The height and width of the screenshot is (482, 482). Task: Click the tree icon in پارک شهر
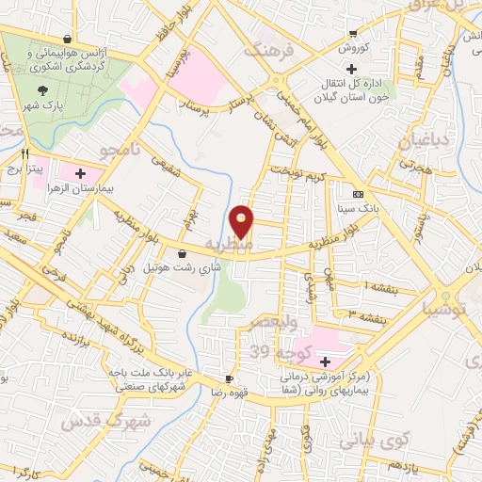(x=42, y=90)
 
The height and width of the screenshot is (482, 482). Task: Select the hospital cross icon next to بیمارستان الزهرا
(x=80, y=174)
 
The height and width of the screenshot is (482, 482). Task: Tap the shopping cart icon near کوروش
(x=352, y=31)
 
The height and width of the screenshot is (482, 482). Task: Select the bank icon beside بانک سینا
(x=357, y=186)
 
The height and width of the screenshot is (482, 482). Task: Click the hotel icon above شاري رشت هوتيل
(x=182, y=252)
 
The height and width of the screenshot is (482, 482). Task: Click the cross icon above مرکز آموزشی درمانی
(x=325, y=361)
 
